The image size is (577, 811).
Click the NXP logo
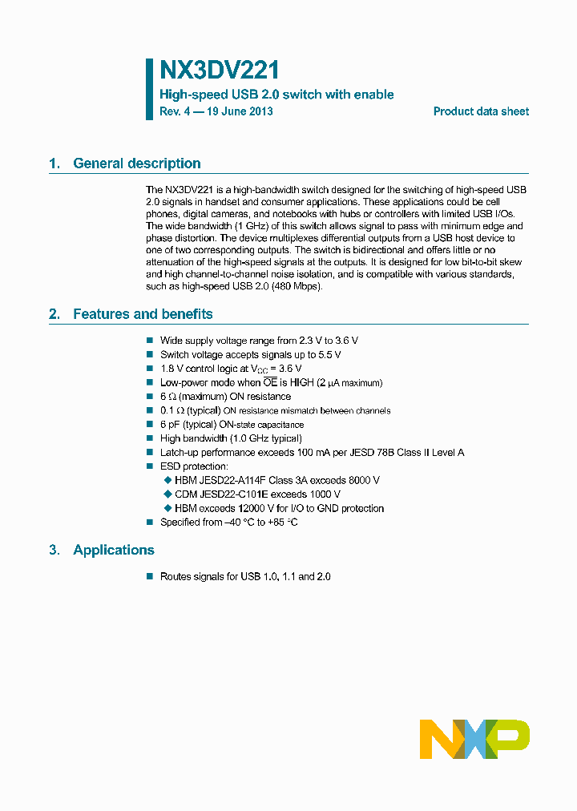(x=474, y=739)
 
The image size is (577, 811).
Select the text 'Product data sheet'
(x=481, y=111)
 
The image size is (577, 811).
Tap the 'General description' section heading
(x=136, y=163)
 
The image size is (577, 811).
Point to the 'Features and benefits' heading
(x=143, y=314)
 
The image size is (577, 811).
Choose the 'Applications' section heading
(x=114, y=550)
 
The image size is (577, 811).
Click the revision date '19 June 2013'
(x=240, y=111)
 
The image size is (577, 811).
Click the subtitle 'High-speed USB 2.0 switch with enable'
(x=276, y=95)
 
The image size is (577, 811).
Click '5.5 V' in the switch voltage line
(x=329, y=354)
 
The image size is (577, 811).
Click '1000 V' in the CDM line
(x=348, y=494)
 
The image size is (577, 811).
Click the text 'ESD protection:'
(x=194, y=466)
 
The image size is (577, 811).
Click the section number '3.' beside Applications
(x=54, y=550)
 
